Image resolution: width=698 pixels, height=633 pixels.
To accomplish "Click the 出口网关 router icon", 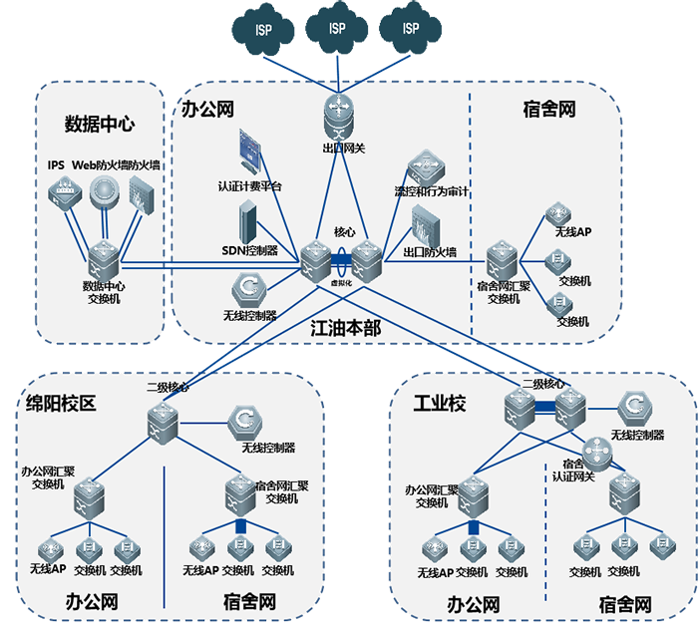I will click(x=337, y=115).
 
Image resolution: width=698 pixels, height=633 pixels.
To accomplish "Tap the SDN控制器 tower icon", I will click(x=248, y=219).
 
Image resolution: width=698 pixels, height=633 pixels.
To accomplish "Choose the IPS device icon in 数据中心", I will click(x=64, y=192).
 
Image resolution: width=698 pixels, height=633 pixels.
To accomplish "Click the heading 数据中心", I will click(x=100, y=124).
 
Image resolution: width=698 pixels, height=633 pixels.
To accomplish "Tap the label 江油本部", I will click(x=346, y=328).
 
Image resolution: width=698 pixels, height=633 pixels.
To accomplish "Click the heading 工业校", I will click(x=440, y=404).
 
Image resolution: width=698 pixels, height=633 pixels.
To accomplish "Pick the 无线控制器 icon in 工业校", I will click(x=635, y=408).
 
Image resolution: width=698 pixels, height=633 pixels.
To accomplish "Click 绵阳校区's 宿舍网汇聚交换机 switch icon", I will click(x=239, y=491).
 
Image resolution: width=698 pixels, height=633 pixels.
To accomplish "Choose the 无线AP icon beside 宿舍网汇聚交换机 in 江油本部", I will click(x=556, y=214).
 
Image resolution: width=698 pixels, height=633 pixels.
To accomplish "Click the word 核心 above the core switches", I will click(x=344, y=231).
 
